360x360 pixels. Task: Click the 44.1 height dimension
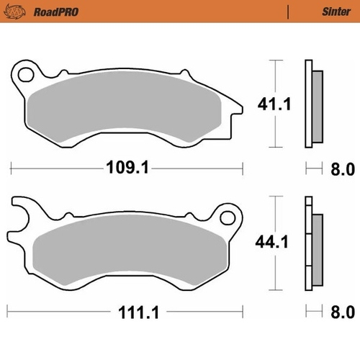[x=274, y=243]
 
